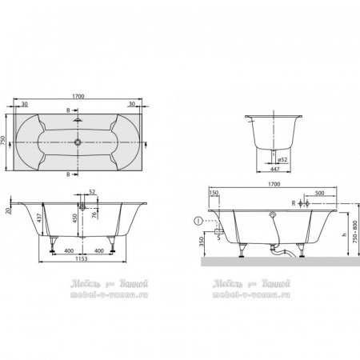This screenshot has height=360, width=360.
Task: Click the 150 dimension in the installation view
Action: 214,194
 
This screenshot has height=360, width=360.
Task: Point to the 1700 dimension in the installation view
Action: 274,184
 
